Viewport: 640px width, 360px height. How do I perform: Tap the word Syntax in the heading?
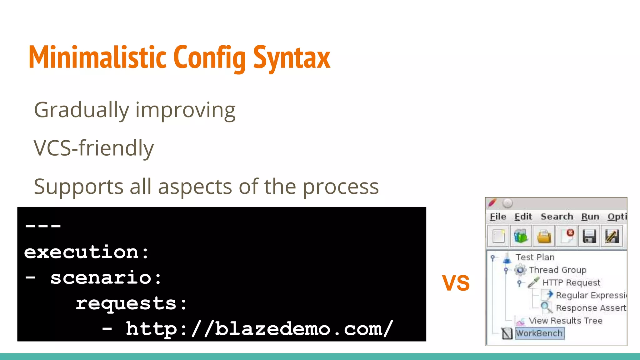[x=291, y=57]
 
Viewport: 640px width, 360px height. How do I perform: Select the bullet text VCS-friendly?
[x=94, y=148]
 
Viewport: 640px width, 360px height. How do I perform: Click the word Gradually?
[x=81, y=110]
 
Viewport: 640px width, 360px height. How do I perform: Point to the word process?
[x=341, y=187]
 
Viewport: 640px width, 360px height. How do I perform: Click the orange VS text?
[x=456, y=283]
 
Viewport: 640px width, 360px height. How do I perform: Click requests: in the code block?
[x=131, y=303]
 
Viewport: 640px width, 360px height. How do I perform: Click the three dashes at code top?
[x=43, y=226]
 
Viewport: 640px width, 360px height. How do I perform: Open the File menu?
[x=498, y=217]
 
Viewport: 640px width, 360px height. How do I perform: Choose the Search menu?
[x=557, y=217]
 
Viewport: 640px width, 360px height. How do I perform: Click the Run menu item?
[x=590, y=217]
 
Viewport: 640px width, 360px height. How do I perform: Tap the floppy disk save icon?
[x=589, y=236]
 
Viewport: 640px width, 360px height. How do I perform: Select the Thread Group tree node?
[x=557, y=270]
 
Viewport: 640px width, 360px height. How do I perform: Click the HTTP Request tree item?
[x=571, y=282]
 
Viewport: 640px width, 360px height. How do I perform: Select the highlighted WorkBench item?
[x=539, y=333]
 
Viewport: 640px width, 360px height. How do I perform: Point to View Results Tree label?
[x=565, y=321]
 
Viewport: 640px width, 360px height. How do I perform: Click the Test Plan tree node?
[x=535, y=257]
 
